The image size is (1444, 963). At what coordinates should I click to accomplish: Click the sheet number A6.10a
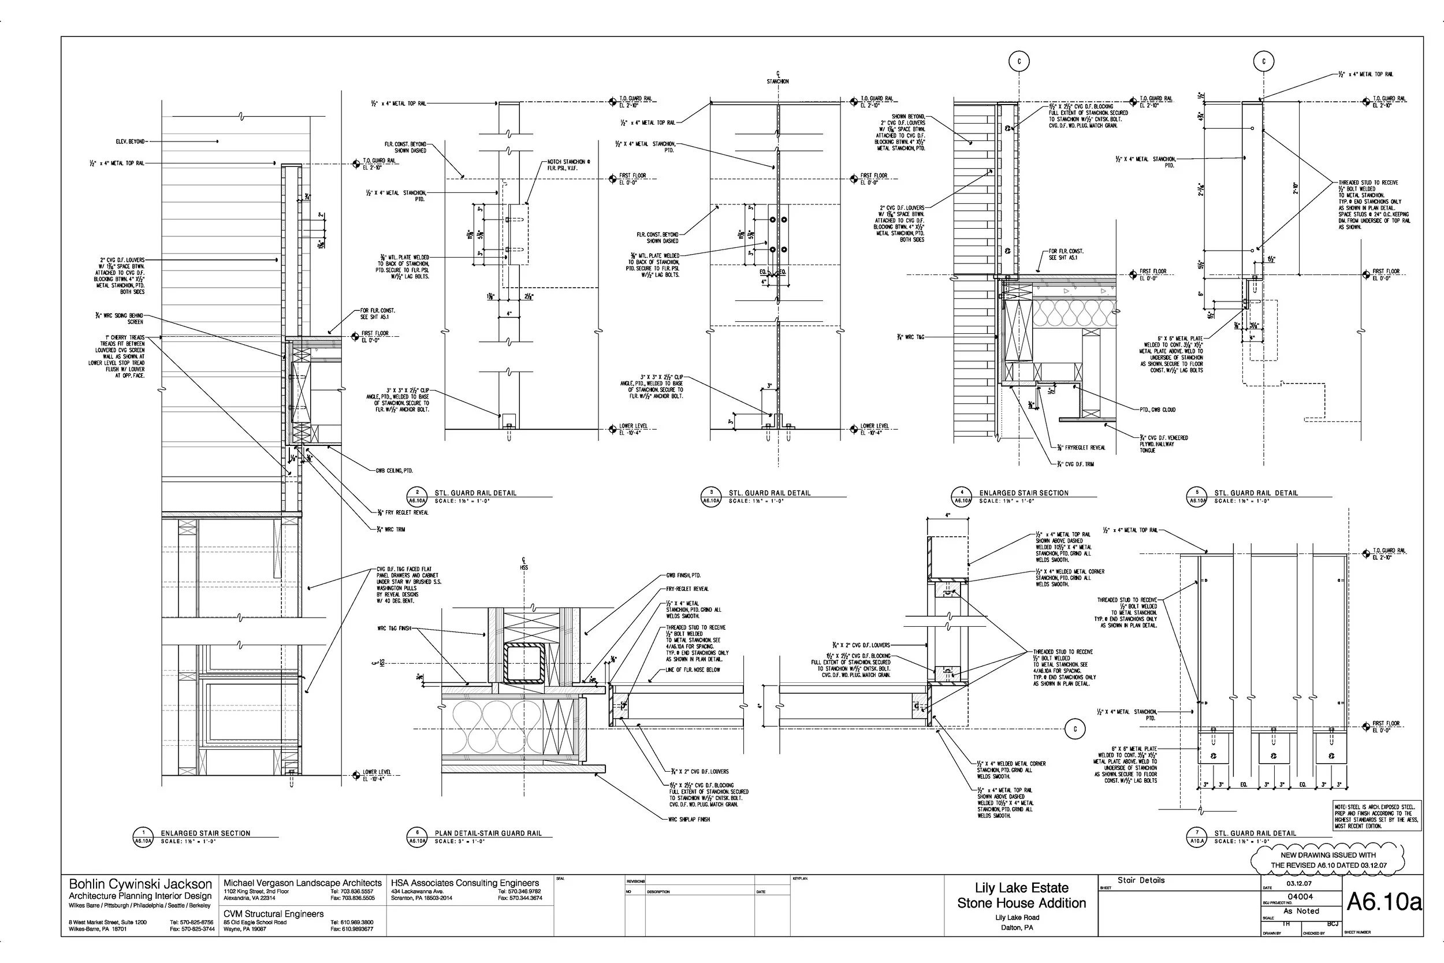1384,902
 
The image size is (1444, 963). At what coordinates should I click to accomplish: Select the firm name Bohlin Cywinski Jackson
140,884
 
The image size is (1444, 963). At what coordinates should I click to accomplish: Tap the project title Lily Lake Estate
1022,887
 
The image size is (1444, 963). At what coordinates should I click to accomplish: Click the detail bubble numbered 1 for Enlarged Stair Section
143,837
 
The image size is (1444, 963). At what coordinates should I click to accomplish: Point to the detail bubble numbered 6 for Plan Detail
418,837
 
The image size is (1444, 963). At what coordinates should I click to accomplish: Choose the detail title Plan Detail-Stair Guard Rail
488,834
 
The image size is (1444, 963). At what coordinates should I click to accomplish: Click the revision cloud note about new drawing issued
1327,860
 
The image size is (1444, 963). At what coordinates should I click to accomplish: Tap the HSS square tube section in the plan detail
524,664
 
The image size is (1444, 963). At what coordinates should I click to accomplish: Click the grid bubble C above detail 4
1019,61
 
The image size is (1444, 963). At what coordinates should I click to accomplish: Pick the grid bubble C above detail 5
1264,61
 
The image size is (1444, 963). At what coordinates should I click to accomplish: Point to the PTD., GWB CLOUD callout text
1158,410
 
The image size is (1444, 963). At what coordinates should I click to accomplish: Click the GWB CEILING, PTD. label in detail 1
394,470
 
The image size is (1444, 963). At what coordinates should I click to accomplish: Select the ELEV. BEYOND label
130,142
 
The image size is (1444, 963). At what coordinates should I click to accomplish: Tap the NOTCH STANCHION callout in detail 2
568,165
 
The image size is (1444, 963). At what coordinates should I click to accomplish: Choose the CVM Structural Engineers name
273,914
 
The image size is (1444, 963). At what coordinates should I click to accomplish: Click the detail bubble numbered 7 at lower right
1197,837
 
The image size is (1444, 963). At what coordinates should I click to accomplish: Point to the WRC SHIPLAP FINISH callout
689,819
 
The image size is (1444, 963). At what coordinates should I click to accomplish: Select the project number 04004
1300,897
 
